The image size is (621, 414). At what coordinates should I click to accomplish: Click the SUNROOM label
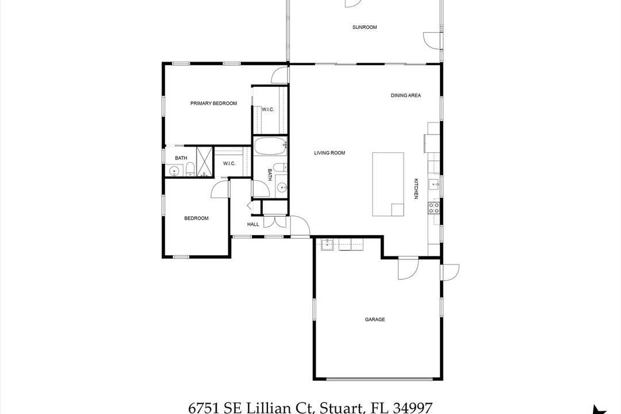point(365,27)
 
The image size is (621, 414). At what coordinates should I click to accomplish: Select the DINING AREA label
point(406,95)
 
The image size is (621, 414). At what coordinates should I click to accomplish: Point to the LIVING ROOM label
point(329,153)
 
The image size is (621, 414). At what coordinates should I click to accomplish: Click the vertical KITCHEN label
point(416,189)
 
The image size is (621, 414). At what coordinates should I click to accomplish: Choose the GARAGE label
point(375,319)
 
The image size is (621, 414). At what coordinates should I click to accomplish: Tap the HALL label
point(253,224)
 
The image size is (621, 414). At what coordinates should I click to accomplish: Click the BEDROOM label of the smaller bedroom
point(196,218)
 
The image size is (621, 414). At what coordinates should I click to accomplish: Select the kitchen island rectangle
point(388,184)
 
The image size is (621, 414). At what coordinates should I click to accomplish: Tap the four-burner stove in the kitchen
point(434,208)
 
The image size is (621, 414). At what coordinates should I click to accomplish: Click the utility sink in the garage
point(327,245)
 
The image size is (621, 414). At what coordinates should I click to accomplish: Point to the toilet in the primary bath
point(189,169)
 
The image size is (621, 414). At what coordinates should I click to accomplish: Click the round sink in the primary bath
point(174,170)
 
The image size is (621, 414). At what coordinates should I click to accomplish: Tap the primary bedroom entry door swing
point(280,75)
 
